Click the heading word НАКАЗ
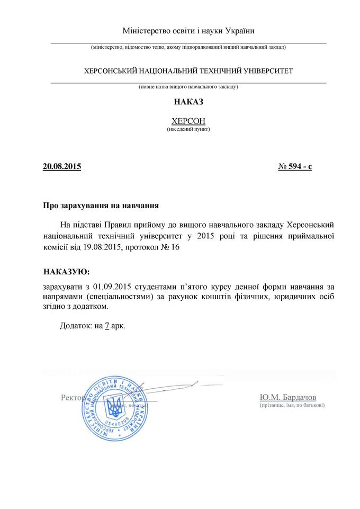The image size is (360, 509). pyautogui.click(x=188, y=102)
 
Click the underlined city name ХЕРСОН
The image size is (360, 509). pyautogui.click(x=188, y=120)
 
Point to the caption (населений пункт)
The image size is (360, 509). pyautogui.click(x=188, y=129)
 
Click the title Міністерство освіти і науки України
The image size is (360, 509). pyautogui.click(x=188, y=31)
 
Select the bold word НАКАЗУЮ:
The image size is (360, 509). pyautogui.click(x=67, y=272)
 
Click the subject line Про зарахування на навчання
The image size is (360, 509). pyautogui.click(x=101, y=204)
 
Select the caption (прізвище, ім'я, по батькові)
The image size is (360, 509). pyautogui.click(x=292, y=405)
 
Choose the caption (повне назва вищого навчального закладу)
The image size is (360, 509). pyautogui.click(x=188, y=86)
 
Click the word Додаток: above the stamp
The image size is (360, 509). pyautogui.click(x=76, y=325)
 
